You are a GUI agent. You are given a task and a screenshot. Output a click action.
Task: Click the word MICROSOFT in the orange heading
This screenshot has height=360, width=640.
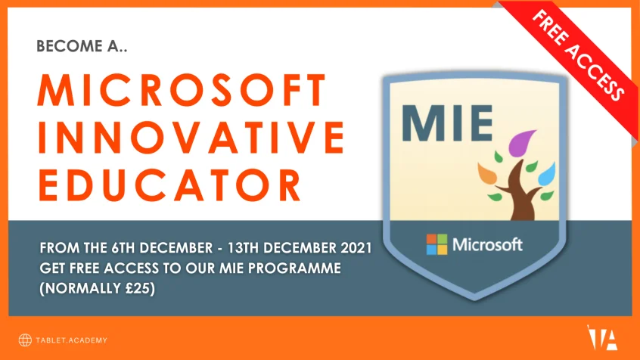tap(182, 90)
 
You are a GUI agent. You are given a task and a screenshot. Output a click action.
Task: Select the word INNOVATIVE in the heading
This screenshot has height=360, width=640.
tap(191, 138)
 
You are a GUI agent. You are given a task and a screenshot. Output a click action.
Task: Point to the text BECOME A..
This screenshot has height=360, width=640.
tap(82, 46)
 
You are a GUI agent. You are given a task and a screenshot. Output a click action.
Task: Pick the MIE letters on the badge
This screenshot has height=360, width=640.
tap(447, 123)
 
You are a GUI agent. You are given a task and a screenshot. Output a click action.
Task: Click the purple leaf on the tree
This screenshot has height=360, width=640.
tap(521, 142)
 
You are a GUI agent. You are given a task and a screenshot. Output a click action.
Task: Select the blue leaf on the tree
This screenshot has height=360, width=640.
tap(547, 174)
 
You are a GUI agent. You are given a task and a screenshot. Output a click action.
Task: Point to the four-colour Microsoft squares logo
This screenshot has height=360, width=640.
tap(437, 244)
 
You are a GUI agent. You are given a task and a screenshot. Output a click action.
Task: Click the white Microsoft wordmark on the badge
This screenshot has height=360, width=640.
tap(487, 244)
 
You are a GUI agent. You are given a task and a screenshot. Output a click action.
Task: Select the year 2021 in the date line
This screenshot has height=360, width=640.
tap(356, 248)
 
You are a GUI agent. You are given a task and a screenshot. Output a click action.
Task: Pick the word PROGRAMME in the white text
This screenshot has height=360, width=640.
tap(294, 268)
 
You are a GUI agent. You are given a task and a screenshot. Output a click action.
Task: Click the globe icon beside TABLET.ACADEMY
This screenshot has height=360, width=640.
tap(25, 340)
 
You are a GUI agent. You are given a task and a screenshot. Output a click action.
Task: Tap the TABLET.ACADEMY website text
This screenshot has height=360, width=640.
tap(71, 340)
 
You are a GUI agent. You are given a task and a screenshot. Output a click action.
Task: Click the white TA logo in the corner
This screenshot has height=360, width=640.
tap(602, 337)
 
